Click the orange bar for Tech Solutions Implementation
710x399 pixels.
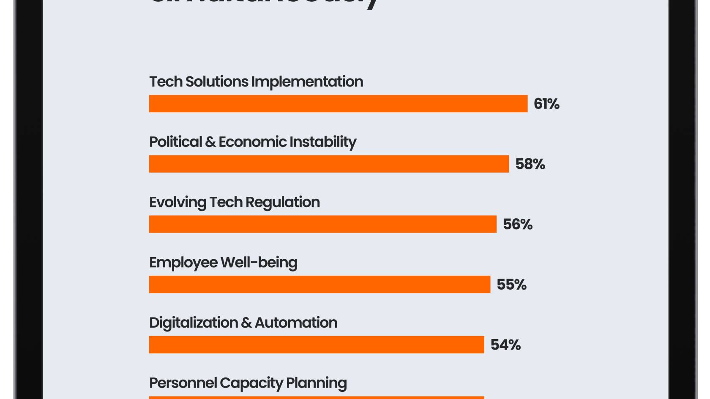338,104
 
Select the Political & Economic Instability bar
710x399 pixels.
329,164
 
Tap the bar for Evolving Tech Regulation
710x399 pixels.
322,224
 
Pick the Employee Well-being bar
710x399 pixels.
319,285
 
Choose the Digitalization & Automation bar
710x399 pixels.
317,345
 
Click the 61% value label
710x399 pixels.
546,104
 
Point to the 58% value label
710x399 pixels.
530,164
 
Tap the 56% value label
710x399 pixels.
517,224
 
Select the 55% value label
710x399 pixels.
511,285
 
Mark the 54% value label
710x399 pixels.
505,345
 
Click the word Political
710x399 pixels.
175,142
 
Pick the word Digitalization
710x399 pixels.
194,323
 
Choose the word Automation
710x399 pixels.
296,323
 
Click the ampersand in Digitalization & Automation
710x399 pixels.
246,323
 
